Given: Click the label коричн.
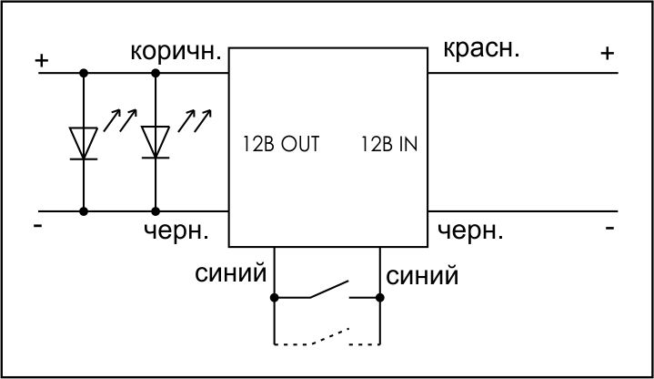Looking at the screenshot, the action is coord(176,51).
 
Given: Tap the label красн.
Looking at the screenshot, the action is coord(481,49).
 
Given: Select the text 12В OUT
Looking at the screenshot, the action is coord(281,144).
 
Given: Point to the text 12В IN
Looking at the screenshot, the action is coord(388,144).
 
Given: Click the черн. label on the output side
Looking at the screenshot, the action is coord(176,230).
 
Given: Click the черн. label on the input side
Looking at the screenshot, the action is coord(470,230).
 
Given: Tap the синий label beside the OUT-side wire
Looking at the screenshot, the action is coord(231,273).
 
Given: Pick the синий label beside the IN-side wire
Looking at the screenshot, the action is coord(422,276).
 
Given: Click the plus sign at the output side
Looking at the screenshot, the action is coord(42,61).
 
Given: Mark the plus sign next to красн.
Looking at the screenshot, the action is coord(608,53).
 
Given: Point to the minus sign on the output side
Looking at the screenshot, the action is coord(38,226).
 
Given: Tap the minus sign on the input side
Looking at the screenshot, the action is coord(609,228).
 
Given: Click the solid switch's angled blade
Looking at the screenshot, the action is coord(328,289).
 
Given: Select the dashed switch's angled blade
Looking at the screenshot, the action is coord(331,336).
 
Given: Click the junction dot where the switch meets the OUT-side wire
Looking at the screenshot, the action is coord(274,298).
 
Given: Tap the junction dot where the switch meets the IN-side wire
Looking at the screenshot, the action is coord(379,298).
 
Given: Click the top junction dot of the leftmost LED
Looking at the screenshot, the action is coord(84,73).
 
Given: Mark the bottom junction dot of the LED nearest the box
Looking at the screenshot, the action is coord(156,211).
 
